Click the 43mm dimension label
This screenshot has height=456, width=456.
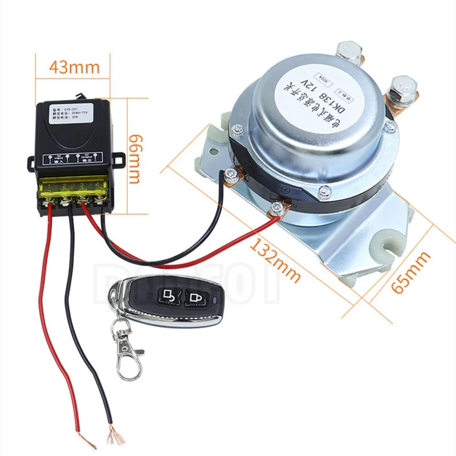pos(74,66)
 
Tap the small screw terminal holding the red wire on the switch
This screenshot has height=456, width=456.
pos(277,207)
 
